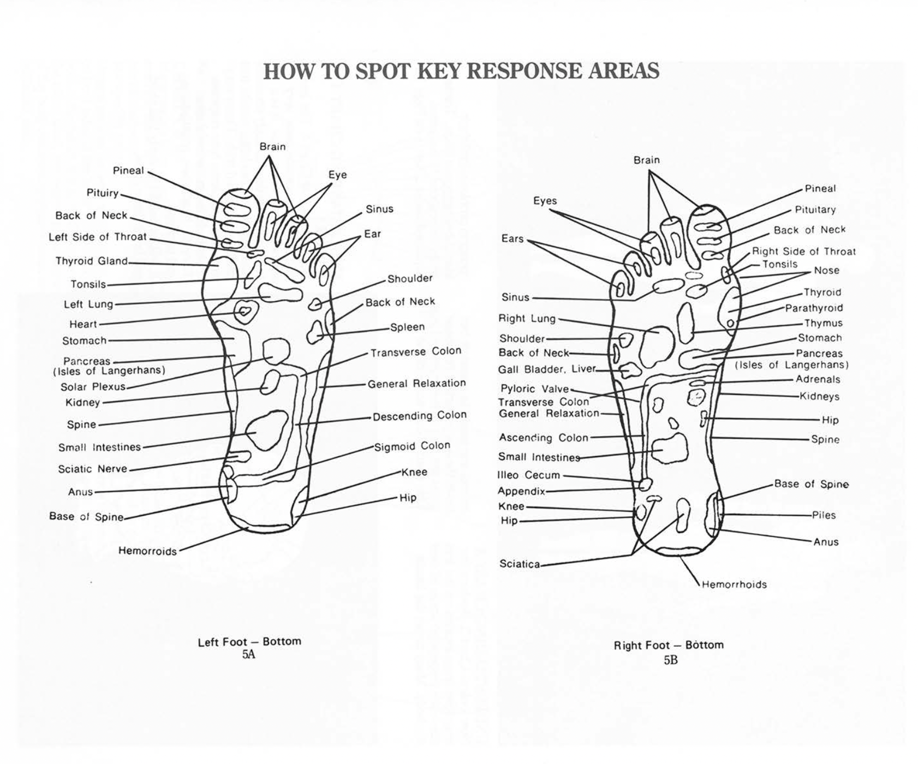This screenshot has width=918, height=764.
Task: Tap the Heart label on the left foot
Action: coord(83,324)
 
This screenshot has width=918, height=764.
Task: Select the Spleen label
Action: coord(407,327)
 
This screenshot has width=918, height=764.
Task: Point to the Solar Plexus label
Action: coord(93,387)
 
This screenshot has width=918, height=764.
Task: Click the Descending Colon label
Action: coord(419,416)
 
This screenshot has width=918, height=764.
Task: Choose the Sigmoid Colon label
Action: coord(412,446)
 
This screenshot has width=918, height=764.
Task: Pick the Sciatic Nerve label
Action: coord(92,469)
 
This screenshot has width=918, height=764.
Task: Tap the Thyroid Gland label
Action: coord(91,261)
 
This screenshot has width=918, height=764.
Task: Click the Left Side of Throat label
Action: coord(98,237)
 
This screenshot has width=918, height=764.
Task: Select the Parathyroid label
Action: coord(814,308)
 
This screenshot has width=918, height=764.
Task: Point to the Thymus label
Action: coord(823,324)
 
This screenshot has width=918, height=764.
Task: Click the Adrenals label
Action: coord(818,379)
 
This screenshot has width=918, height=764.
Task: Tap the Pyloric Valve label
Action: coord(534,389)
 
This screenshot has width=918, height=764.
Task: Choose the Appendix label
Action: coord(521,491)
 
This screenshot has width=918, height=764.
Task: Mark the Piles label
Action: coord(824,515)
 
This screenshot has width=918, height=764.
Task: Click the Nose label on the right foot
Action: coord(826,271)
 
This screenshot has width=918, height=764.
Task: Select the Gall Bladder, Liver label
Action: coord(546,369)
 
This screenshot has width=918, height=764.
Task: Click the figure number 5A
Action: coord(248,654)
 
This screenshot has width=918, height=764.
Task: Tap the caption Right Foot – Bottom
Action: coord(669,645)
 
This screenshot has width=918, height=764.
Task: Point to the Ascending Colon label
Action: coord(544,438)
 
